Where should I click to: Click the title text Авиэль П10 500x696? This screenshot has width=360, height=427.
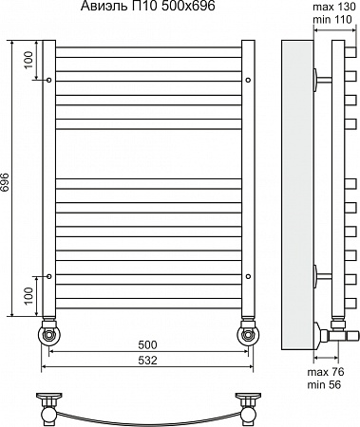[148, 6]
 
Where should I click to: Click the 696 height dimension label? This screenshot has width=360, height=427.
[5, 182]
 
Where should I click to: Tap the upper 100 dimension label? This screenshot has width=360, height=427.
[28, 60]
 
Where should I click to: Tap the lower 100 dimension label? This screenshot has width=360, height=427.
[28, 295]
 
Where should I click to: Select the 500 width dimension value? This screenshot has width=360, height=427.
[147, 344]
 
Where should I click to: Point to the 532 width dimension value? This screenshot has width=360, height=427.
[147, 360]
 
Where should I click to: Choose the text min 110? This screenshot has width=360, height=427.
[332, 19]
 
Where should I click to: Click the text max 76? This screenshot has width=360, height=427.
[326, 372]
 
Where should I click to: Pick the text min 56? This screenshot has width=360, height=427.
[324, 384]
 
